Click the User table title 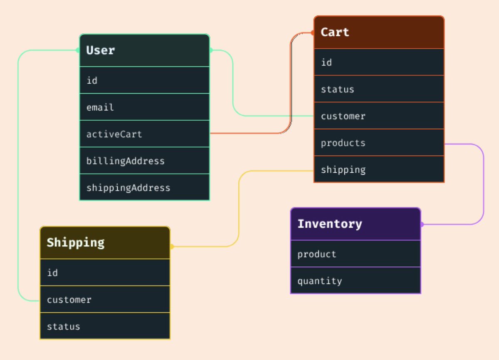pyautogui.click(x=101, y=50)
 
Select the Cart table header pyautogui.click(x=335, y=32)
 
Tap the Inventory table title pyautogui.click(x=329, y=224)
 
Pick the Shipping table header pyautogui.click(x=75, y=243)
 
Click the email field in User pyautogui.click(x=100, y=107)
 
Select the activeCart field pyautogui.click(x=114, y=134)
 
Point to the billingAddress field pyautogui.click(x=125, y=161)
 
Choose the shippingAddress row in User pyautogui.click(x=128, y=188)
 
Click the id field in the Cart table pyautogui.click(x=326, y=62)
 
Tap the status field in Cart pyautogui.click(x=337, y=89)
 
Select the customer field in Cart pyautogui.click(x=343, y=116)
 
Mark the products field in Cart pyautogui.click(x=343, y=143)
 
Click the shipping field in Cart pyautogui.click(x=343, y=170)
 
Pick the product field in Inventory pyautogui.click(x=317, y=254)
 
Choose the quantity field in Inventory pyautogui.click(x=319, y=281)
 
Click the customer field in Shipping pyautogui.click(x=69, y=300)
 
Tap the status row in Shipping pyautogui.click(x=63, y=326)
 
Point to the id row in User pyautogui.click(x=92, y=80)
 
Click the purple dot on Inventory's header pyautogui.click(x=422, y=224)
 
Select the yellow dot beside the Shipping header pyautogui.click(x=171, y=246)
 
